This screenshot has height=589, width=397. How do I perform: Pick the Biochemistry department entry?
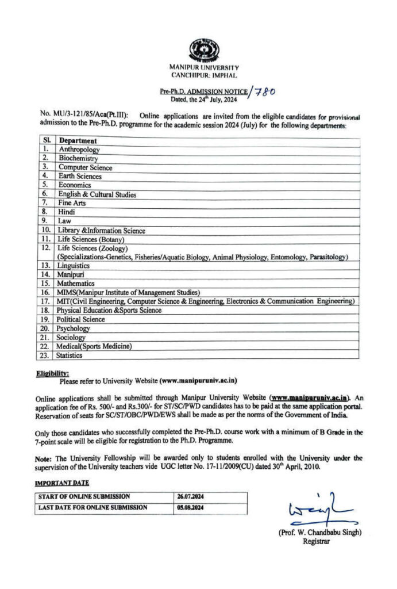pyautogui.click(x=78, y=158)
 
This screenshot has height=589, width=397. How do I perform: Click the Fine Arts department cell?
pyautogui.click(x=72, y=203)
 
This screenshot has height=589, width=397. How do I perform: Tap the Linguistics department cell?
pyautogui.click(x=74, y=266)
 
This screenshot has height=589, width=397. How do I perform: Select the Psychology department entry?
pyautogui.click(x=74, y=328)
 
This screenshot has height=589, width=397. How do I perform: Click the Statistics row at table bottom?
pyautogui.click(x=70, y=355)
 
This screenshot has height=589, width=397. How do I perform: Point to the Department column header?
pyautogui.click(x=78, y=140)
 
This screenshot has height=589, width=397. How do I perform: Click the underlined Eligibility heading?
pyautogui.click(x=52, y=373)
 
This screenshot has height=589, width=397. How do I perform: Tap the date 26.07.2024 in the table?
pyautogui.click(x=191, y=496)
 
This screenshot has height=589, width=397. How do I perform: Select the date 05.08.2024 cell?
pyautogui.click(x=191, y=508)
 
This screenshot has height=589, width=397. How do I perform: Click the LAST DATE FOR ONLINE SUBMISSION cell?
pyautogui.click(x=92, y=508)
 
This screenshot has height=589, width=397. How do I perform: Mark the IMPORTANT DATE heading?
pyautogui.click(x=62, y=483)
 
